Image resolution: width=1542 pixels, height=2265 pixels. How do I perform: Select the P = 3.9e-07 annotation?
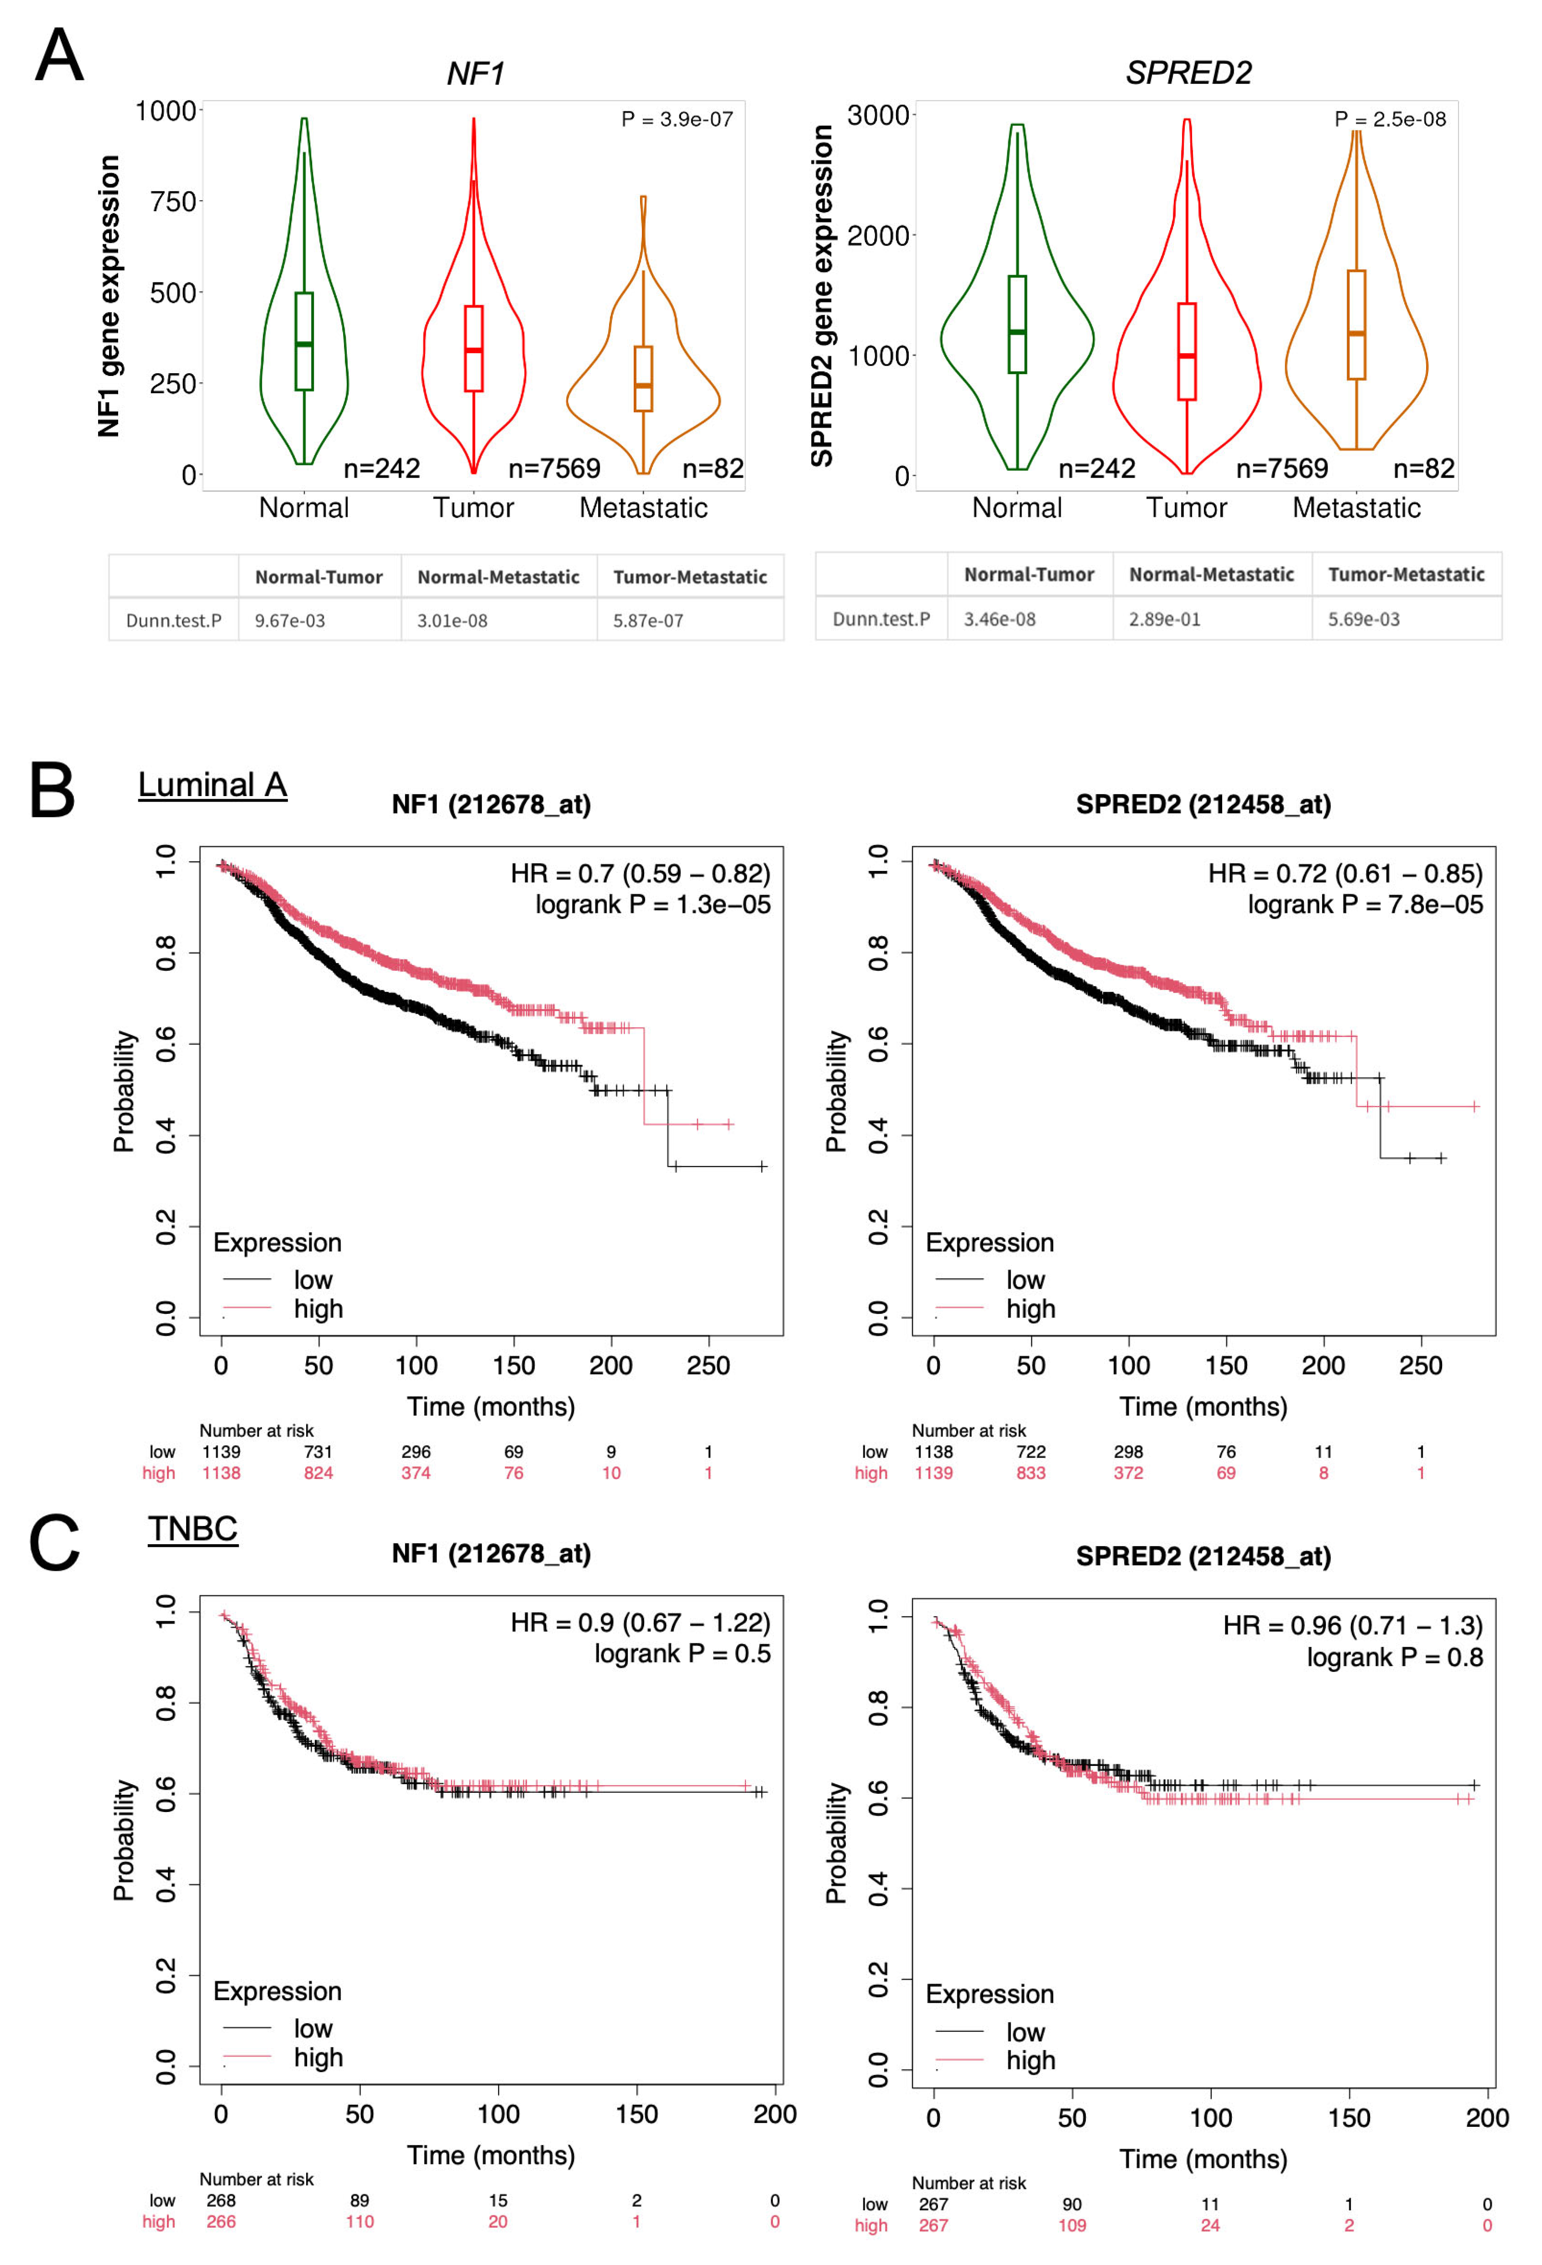coord(677,119)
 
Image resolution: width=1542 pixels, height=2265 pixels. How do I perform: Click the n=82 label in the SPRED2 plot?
coord(1423,469)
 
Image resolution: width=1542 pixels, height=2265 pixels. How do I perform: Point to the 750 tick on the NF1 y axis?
coord(173,202)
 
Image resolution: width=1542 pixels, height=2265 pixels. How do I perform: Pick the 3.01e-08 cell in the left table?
coord(452,621)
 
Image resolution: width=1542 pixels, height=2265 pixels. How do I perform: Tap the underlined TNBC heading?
coord(193,1528)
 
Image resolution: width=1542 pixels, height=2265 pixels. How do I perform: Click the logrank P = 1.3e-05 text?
coord(652,905)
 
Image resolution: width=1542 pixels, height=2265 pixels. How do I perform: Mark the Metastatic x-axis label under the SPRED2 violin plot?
coord(1356,508)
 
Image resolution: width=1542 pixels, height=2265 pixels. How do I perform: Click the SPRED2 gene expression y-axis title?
coord(822,295)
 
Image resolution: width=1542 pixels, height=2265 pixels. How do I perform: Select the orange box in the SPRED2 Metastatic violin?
coord(1356,324)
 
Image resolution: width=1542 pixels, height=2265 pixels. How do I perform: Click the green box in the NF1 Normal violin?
coord(304,341)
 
